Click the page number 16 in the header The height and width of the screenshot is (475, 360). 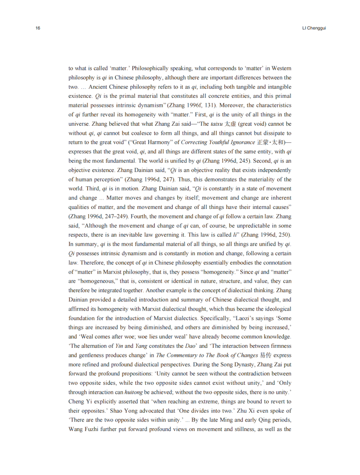(37, 28)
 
